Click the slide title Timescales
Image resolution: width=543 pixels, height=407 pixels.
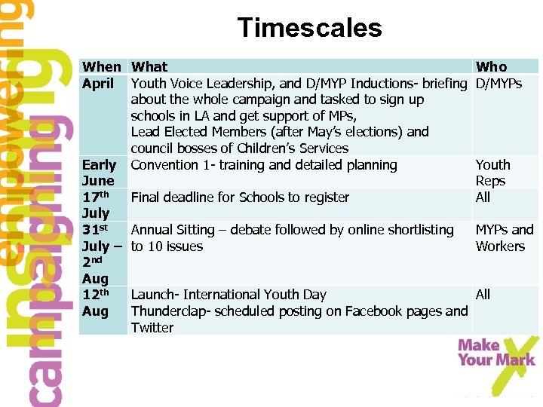pyautogui.click(x=309, y=29)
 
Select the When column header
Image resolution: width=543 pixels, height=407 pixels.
pyautogui.click(x=101, y=67)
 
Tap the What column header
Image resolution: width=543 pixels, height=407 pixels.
pyautogui.click(x=149, y=67)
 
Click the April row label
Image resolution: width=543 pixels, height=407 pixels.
pyautogui.click(x=98, y=83)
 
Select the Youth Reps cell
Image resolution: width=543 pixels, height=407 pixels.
pyautogui.click(x=492, y=173)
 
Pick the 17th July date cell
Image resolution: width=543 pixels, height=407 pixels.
pyautogui.click(x=97, y=205)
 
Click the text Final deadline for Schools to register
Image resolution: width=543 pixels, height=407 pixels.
pyautogui.click(x=240, y=197)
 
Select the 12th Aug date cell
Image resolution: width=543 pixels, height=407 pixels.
pyautogui.click(x=97, y=303)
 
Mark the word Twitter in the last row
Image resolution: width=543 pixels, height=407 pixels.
pyautogui.click(x=152, y=328)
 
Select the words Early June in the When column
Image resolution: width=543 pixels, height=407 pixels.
pyautogui.click(x=99, y=173)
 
